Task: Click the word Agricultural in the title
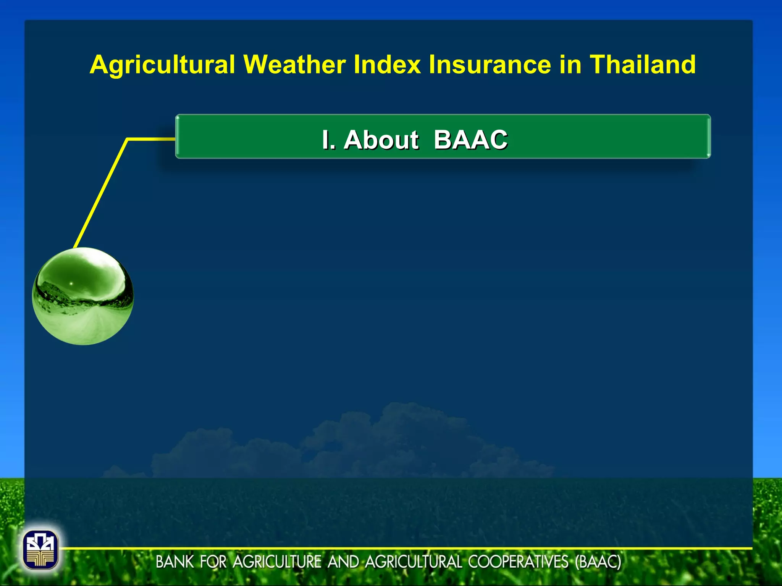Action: [x=162, y=64]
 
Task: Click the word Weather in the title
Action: [x=294, y=64]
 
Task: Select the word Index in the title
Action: [x=387, y=64]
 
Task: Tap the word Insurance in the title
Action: [x=490, y=64]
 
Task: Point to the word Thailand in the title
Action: [x=643, y=64]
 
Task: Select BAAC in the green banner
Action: [x=470, y=140]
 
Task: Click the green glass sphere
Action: [x=83, y=296]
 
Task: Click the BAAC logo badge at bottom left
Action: [x=40, y=550]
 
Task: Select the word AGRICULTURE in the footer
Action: [x=277, y=562]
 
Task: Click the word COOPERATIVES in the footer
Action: [x=518, y=562]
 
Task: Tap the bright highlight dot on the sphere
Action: [x=71, y=283]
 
